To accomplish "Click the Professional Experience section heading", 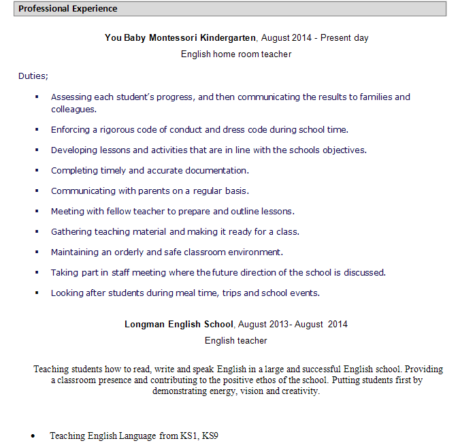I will pos(67,9).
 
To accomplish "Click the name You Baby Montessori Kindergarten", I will pos(180,38).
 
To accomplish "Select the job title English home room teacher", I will pos(236,54).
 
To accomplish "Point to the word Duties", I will pos(32,76).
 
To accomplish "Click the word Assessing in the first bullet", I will pos(71,97).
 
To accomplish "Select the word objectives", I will pos(342,150).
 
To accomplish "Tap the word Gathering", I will pos(71,232).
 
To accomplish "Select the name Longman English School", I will pos(179,325).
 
